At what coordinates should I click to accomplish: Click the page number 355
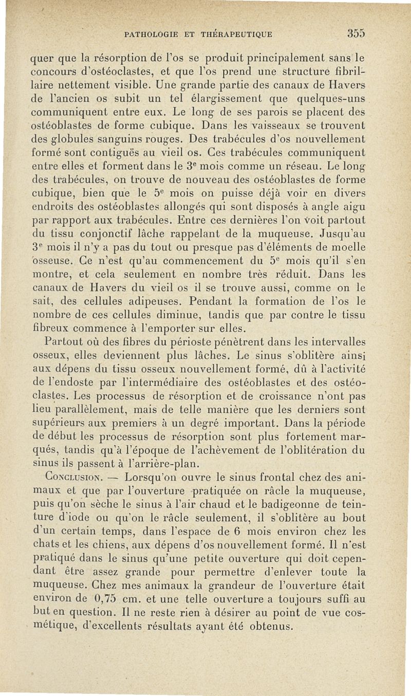pos(356,34)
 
